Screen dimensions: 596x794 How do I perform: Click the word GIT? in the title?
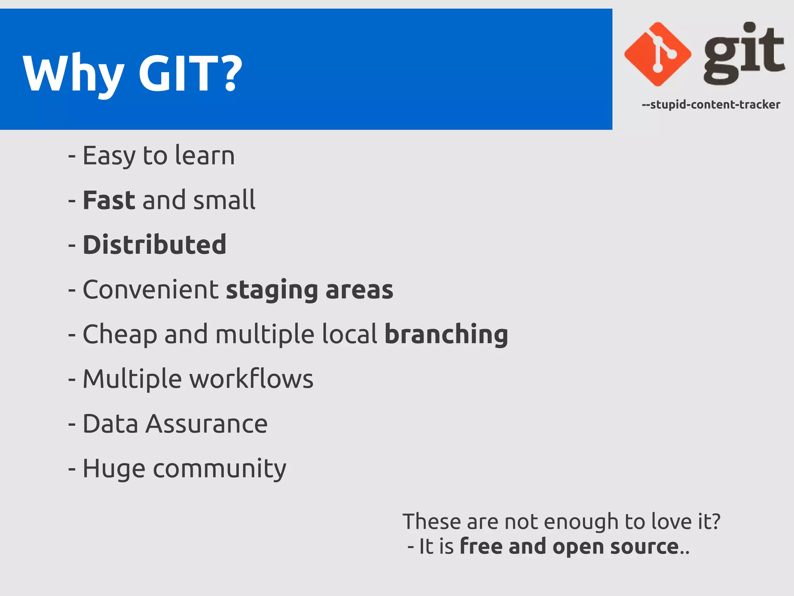(x=190, y=73)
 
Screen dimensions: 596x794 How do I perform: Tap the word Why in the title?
(x=74, y=73)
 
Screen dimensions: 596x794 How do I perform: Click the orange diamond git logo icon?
(x=658, y=54)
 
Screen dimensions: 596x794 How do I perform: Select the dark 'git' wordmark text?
(x=744, y=54)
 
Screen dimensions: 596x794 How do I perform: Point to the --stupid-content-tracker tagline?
(x=711, y=105)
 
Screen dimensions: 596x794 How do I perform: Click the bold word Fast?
(x=109, y=200)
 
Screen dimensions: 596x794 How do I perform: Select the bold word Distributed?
(x=154, y=245)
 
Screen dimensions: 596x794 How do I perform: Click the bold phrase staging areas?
(x=309, y=290)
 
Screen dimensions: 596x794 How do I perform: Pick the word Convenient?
(x=151, y=290)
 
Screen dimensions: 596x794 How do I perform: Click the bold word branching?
(x=446, y=334)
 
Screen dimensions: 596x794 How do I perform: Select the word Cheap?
(x=120, y=334)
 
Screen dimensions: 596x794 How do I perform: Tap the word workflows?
(x=251, y=379)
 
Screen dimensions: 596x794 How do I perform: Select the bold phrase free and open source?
(x=569, y=547)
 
